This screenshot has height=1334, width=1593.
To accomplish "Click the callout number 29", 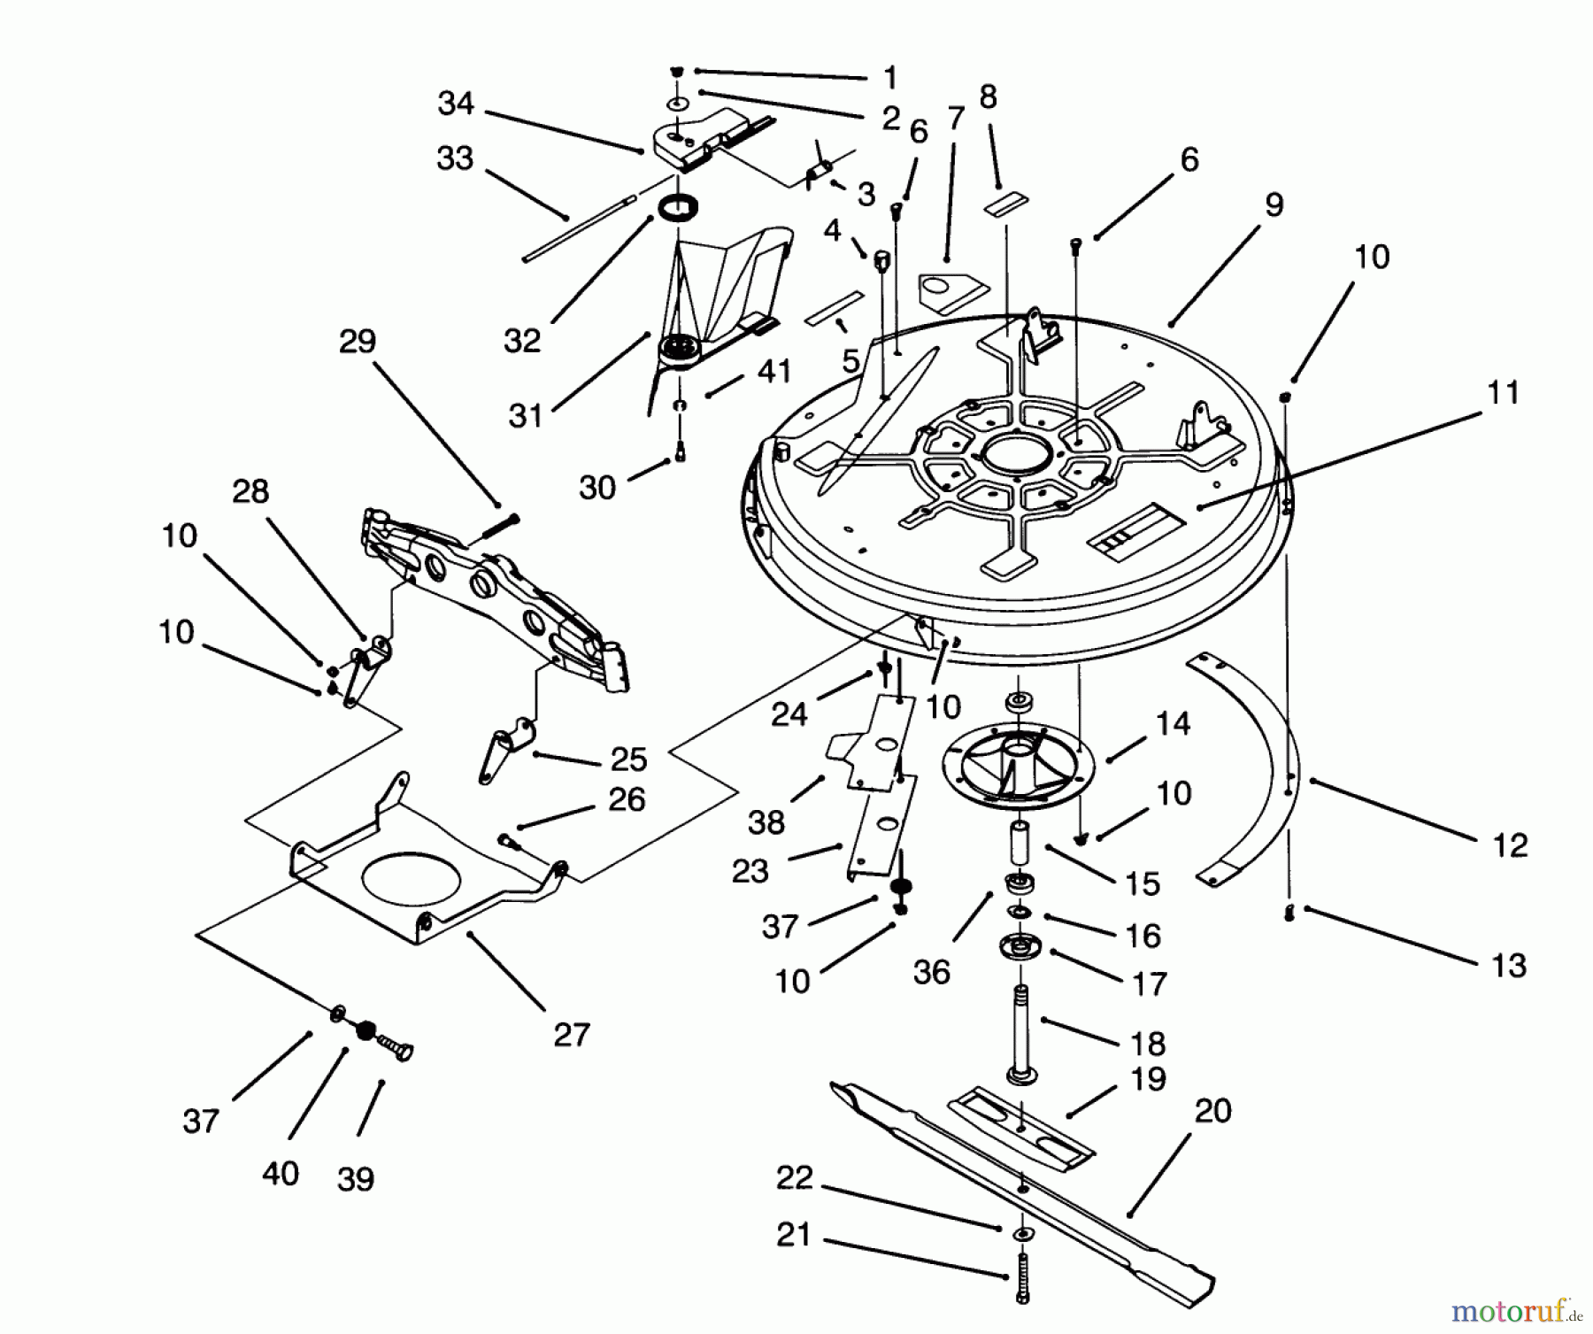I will click(x=358, y=342).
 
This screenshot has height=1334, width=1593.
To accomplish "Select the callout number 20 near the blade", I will click(x=1212, y=1111).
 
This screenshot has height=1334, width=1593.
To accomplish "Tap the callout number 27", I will click(x=571, y=1034).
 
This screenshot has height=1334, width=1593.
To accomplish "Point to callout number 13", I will click(x=1508, y=965).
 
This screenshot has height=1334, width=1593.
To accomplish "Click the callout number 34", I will click(x=456, y=104).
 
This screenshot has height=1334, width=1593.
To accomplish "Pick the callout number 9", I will click(x=1274, y=205).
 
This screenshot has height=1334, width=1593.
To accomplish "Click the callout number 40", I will click(x=281, y=1174).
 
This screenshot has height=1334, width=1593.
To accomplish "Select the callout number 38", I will click(x=766, y=822).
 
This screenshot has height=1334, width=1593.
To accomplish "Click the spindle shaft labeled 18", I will click(x=1022, y=1031).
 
